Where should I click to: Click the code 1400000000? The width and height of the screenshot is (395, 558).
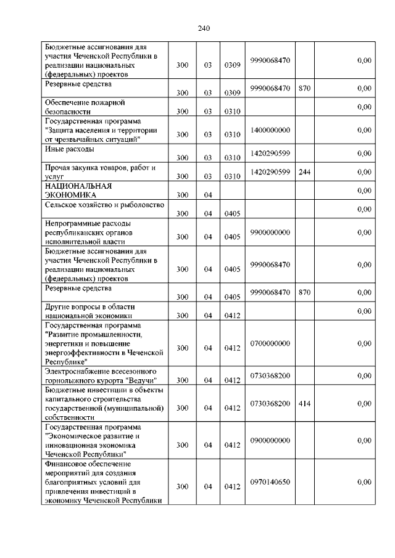pos(270,130)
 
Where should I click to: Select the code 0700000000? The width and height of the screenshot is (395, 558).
pos(270,343)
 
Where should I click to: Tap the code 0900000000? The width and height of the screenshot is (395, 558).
pos(270,440)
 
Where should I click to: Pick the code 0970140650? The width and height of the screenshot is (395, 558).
pos(270,482)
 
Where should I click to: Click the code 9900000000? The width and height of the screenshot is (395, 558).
pos(270,232)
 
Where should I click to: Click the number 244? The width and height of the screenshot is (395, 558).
pos(304,172)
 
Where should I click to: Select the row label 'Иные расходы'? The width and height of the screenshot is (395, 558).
pos(69,149)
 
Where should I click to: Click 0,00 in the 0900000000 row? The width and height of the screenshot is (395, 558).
pos(364,440)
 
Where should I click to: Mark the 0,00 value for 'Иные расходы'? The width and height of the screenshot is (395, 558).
pos(364,153)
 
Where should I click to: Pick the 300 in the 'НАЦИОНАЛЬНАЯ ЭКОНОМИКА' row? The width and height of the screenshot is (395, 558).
pos(182,195)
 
